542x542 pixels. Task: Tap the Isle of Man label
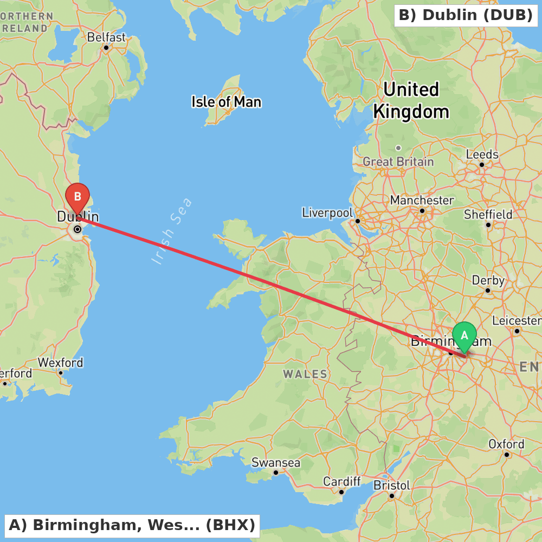[226, 102]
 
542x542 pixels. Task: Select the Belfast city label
[106, 38]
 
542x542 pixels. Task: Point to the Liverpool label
[327, 212]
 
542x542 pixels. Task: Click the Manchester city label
[422, 201]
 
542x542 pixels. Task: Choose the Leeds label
[482, 154]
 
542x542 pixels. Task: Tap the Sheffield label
[488, 215]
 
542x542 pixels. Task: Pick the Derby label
[488, 281]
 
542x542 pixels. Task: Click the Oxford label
[506, 444]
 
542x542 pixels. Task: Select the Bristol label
[392, 485]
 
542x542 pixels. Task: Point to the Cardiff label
[341, 481]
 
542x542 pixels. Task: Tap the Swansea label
[275, 463]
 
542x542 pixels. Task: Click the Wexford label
[60, 363]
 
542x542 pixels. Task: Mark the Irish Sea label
[172, 231]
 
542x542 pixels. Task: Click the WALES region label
[305, 374]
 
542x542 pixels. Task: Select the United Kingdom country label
[411, 100]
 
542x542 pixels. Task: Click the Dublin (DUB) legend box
[466, 15]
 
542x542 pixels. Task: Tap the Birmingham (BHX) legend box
[132, 525]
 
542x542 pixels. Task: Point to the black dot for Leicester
[517, 331]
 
